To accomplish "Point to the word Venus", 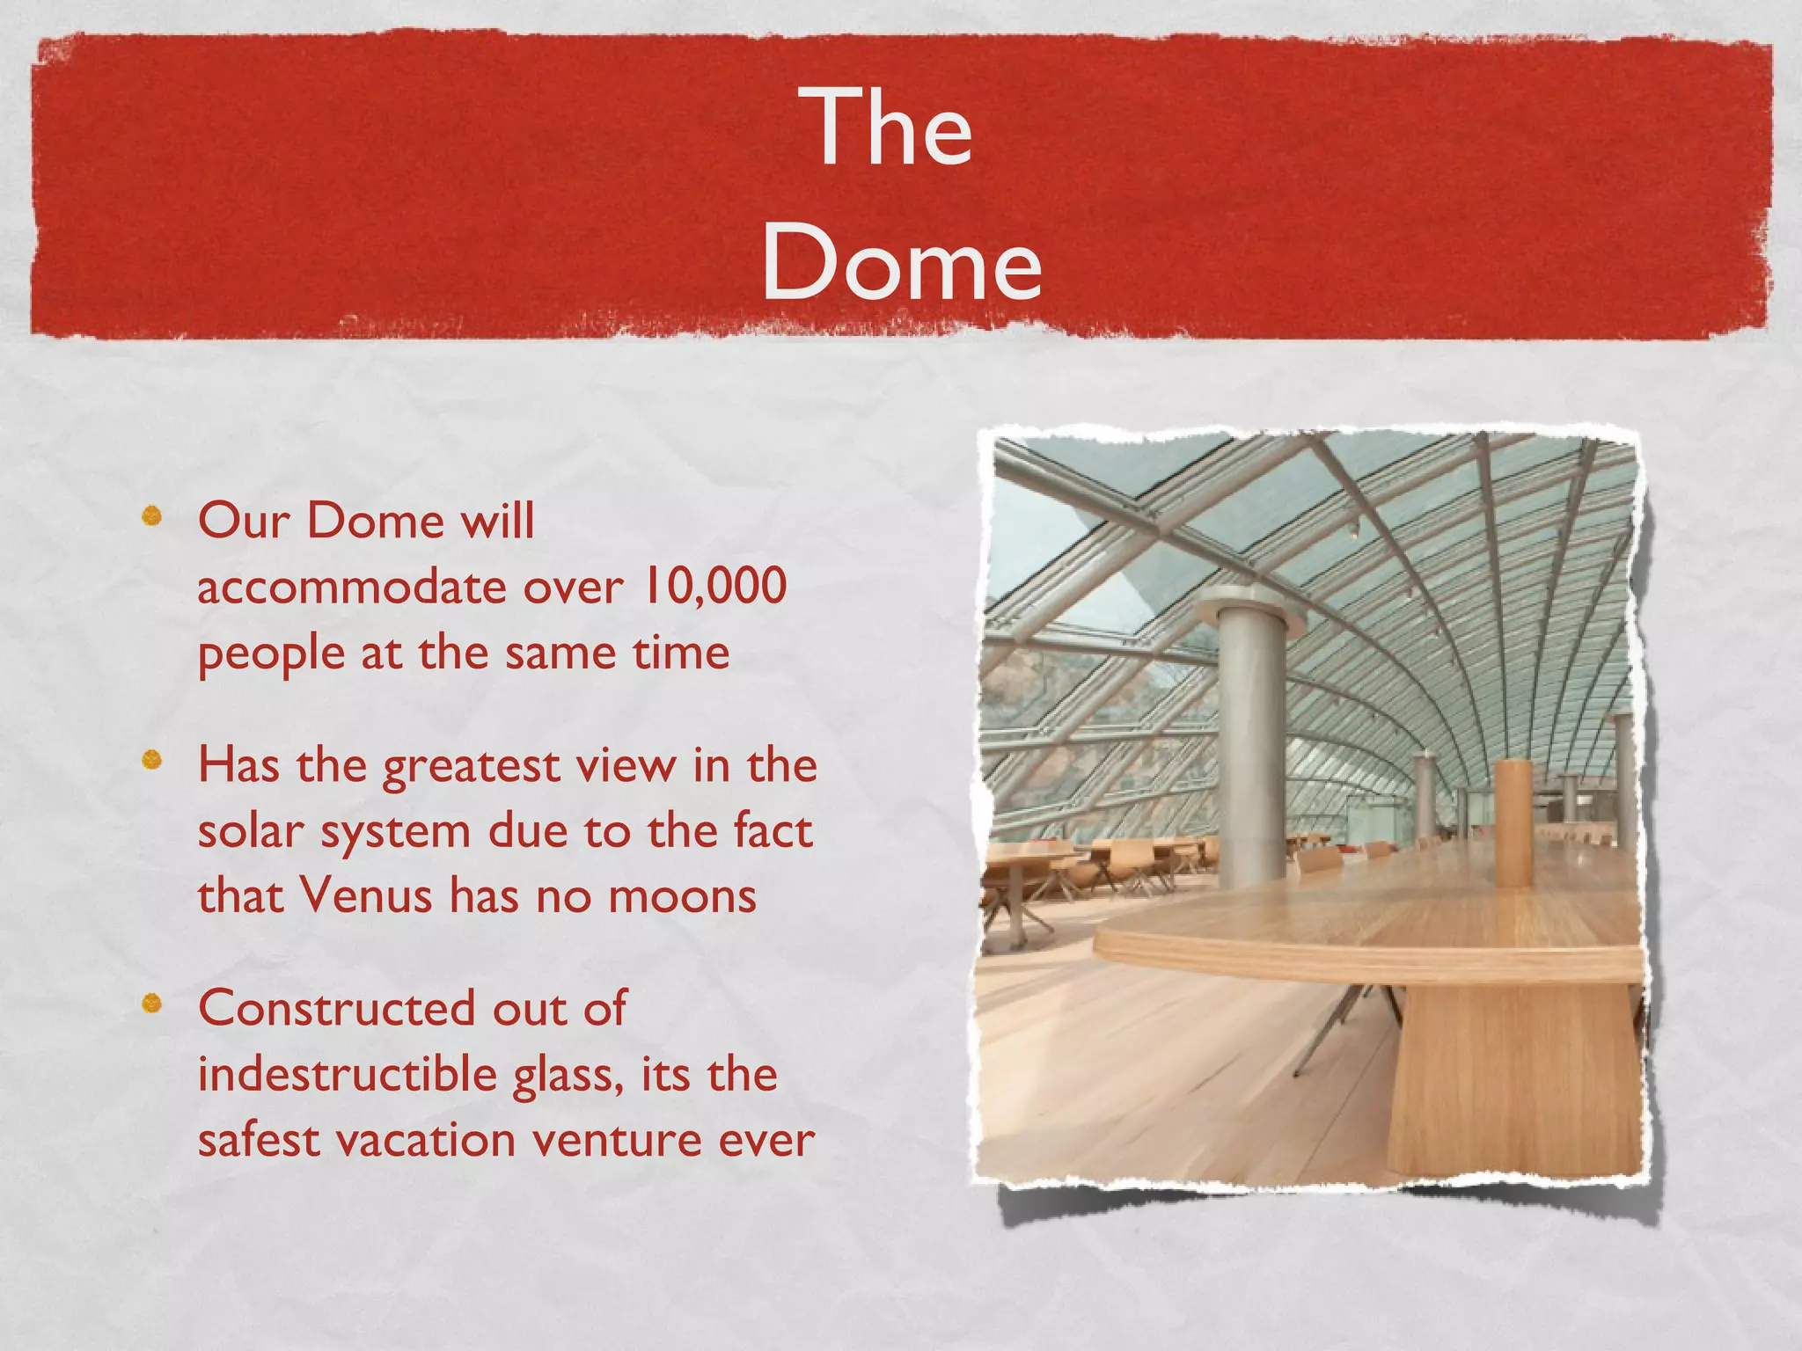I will (x=366, y=896).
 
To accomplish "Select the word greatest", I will (x=472, y=766).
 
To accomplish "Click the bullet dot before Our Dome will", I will (x=152, y=515).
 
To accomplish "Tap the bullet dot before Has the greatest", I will (x=152, y=759).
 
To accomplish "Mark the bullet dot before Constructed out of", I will (x=152, y=1003).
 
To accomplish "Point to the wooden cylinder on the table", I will (x=1513, y=822).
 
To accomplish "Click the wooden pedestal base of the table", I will (x=1513, y=1082).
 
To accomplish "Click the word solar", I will (x=251, y=831).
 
